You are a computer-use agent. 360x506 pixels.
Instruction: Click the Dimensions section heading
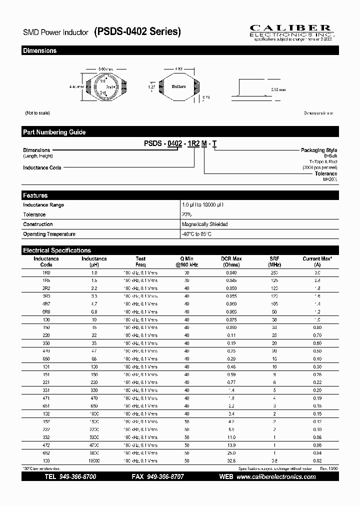40,51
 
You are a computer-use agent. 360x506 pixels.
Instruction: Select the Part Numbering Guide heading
54,132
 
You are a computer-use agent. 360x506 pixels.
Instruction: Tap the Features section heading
35,195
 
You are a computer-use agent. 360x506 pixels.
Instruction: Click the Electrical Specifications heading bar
57,250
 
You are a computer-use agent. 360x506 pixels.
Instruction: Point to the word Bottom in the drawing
178,87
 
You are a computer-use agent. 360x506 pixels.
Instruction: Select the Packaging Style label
318,150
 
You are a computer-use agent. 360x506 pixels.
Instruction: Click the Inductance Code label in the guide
42,167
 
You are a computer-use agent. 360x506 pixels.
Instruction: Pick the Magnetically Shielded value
204,224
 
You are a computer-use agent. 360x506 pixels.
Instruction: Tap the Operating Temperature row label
49,234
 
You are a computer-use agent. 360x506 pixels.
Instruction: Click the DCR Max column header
231,261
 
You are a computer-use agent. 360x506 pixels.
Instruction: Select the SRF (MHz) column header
274,261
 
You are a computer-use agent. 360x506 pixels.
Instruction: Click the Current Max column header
317,261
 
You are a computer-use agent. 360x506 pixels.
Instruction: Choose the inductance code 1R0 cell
46,273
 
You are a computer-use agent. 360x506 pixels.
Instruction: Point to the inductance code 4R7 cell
46,304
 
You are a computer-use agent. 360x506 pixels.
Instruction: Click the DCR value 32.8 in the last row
231,460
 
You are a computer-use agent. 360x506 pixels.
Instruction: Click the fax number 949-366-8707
164,477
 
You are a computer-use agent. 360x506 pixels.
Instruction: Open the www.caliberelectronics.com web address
275,477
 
